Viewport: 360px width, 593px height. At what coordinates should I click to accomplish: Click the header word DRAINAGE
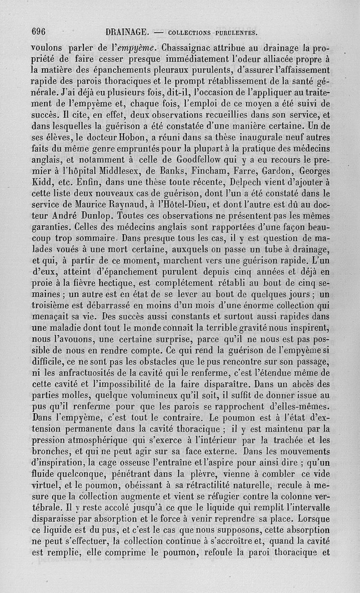click(127, 32)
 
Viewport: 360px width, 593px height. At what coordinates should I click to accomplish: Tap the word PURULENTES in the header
click(235, 32)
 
